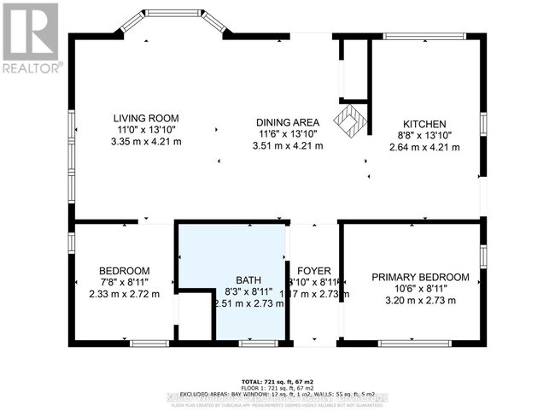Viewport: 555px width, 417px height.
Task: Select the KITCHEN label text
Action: coord(424,124)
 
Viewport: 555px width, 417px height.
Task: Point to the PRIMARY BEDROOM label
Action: coord(420,277)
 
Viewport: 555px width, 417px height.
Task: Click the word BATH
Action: coord(248,279)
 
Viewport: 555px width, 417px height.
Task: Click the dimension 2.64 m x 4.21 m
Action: coord(424,147)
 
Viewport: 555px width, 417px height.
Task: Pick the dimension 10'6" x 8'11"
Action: coord(420,289)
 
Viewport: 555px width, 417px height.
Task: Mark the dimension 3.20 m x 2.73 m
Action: coord(420,301)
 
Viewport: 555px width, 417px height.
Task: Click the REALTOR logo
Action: coord(31,38)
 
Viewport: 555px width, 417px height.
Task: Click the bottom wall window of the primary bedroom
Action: coord(409,343)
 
